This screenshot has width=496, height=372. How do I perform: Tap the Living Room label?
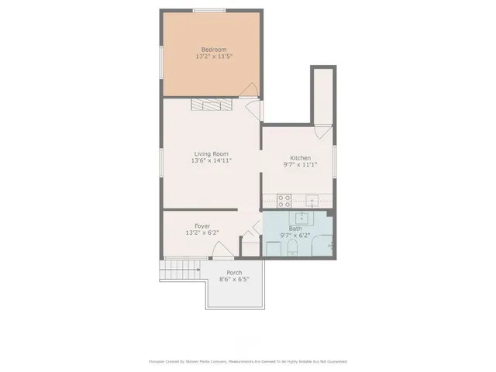click(212, 153)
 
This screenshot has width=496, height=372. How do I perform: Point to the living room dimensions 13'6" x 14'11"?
click(212, 160)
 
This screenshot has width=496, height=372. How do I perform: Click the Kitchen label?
click(300, 157)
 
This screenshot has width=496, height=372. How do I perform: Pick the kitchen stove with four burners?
click(284, 200)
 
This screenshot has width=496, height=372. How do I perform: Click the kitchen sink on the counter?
click(311, 200)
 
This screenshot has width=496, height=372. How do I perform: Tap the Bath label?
click(295, 229)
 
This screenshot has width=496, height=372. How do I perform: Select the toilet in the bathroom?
click(291, 248)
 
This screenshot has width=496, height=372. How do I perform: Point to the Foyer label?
click(202, 226)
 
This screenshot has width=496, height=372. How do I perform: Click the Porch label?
click(234, 273)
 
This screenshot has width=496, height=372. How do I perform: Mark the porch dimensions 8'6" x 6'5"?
click(234, 280)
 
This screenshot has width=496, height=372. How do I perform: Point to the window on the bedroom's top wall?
click(209, 10)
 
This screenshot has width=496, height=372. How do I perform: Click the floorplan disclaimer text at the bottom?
click(247, 361)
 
